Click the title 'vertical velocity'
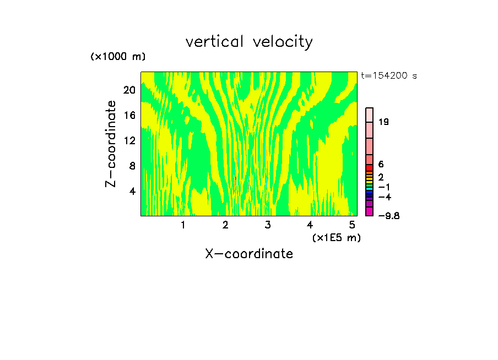coord(249,42)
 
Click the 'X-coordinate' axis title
coord(249,254)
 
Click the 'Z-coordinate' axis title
coord(111,144)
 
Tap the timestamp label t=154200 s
coord(389,76)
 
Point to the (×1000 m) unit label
coord(118,57)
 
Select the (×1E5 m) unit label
coord(336,238)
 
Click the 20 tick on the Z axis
coord(129,90)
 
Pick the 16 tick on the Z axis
coord(129,116)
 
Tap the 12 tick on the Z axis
coord(129,140)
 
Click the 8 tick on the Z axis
coord(132,166)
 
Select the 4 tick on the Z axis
coord(132,191)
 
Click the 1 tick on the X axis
coord(183,225)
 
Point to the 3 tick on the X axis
coord(267,225)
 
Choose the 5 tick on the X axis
coord(352,225)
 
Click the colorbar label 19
coord(383,122)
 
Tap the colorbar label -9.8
coord(389,216)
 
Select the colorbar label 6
coord(381,165)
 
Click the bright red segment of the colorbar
coord(370,167)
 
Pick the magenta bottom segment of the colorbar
coord(370,211)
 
